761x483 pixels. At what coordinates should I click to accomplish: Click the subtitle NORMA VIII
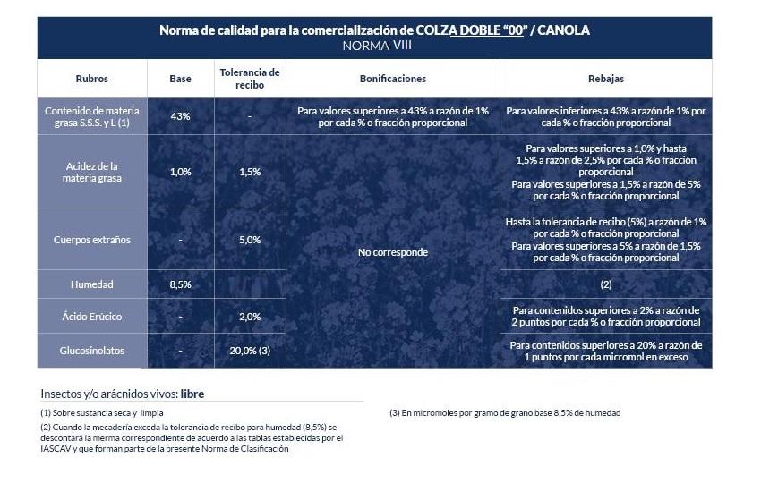(374, 46)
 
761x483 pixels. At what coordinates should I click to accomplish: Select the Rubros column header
(91, 79)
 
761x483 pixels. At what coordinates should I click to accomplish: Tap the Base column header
(180, 79)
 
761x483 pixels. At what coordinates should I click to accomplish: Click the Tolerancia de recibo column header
(250, 79)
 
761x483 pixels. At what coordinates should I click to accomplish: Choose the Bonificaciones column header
(392, 79)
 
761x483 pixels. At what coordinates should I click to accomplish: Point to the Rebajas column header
(606, 79)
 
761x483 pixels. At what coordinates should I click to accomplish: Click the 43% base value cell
(180, 116)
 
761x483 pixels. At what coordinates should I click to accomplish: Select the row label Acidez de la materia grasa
(91, 172)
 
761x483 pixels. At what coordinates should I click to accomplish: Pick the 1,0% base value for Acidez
(180, 172)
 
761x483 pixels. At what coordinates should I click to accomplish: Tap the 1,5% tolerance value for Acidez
(250, 172)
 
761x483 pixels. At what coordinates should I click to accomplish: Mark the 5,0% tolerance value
(250, 240)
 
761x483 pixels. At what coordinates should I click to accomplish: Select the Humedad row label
(91, 284)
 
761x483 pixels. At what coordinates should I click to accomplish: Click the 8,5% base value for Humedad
(180, 284)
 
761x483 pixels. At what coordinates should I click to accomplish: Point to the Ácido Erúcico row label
(91, 317)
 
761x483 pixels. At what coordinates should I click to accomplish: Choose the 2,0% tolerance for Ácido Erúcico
(250, 317)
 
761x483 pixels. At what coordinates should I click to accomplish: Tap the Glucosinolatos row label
(91, 351)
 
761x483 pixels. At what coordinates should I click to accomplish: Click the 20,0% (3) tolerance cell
(250, 351)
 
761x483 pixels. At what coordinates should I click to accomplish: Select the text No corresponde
(392, 252)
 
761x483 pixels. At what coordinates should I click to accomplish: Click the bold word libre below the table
(199, 394)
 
